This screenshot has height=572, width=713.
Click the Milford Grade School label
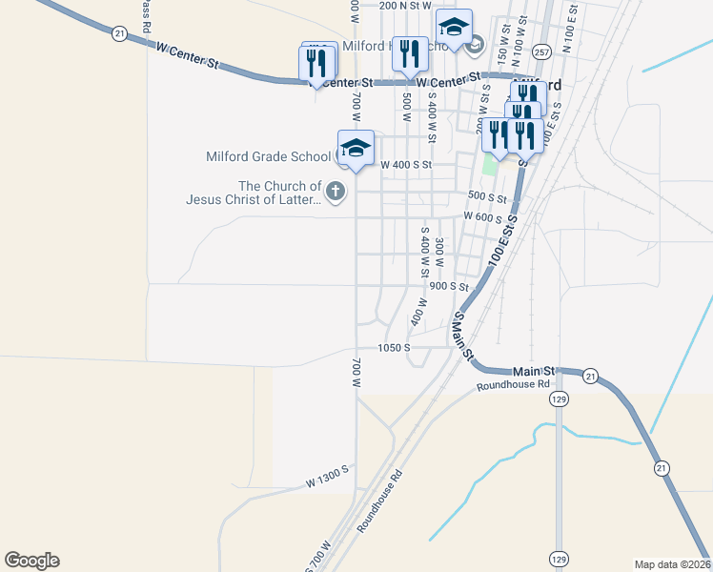click(268, 157)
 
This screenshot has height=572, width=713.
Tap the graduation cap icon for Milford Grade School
click(356, 148)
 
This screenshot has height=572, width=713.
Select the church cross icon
click(335, 193)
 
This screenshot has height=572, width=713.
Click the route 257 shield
click(541, 51)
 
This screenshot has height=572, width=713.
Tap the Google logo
click(31, 561)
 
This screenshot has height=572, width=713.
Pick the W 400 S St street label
click(407, 165)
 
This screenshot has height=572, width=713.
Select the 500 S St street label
click(486, 195)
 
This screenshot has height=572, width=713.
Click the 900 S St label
click(449, 286)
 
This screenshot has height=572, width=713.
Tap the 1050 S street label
click(393, 348)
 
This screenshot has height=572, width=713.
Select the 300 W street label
click(439, 252)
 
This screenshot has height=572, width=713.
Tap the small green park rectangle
click(490, 165)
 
